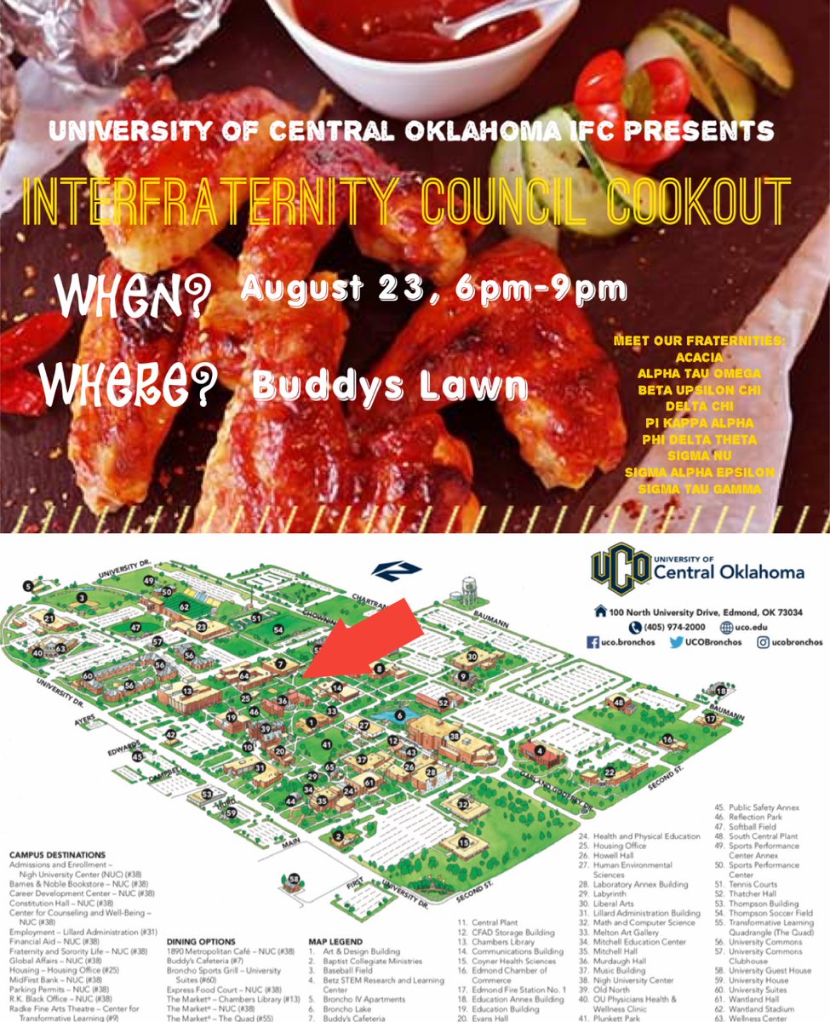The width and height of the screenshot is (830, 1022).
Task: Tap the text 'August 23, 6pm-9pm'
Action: coord(434,289)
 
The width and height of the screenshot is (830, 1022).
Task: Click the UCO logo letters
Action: coord(621,569)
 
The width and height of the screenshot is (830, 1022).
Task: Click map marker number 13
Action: coord(186,691)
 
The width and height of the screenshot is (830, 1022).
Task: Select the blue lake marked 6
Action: coord(400,715)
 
